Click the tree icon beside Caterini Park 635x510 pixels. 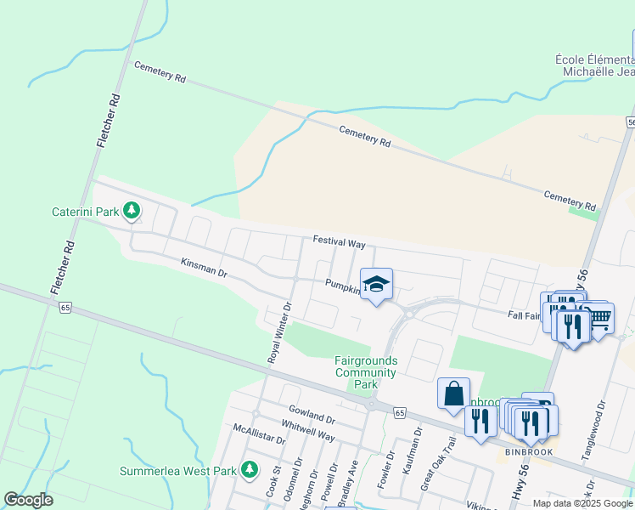131,209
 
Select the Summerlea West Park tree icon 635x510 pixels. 249,468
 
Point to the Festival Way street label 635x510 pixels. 338,243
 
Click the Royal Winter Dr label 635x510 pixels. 279,333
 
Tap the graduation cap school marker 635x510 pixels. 375,285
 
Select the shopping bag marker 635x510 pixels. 453,394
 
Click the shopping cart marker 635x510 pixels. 598,318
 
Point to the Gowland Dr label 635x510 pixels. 312,416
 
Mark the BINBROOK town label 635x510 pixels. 528,452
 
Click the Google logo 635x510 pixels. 29,500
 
